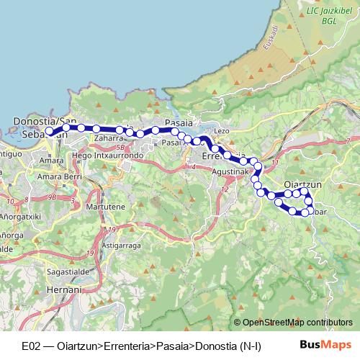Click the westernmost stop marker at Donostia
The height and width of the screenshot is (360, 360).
coord(50,132)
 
